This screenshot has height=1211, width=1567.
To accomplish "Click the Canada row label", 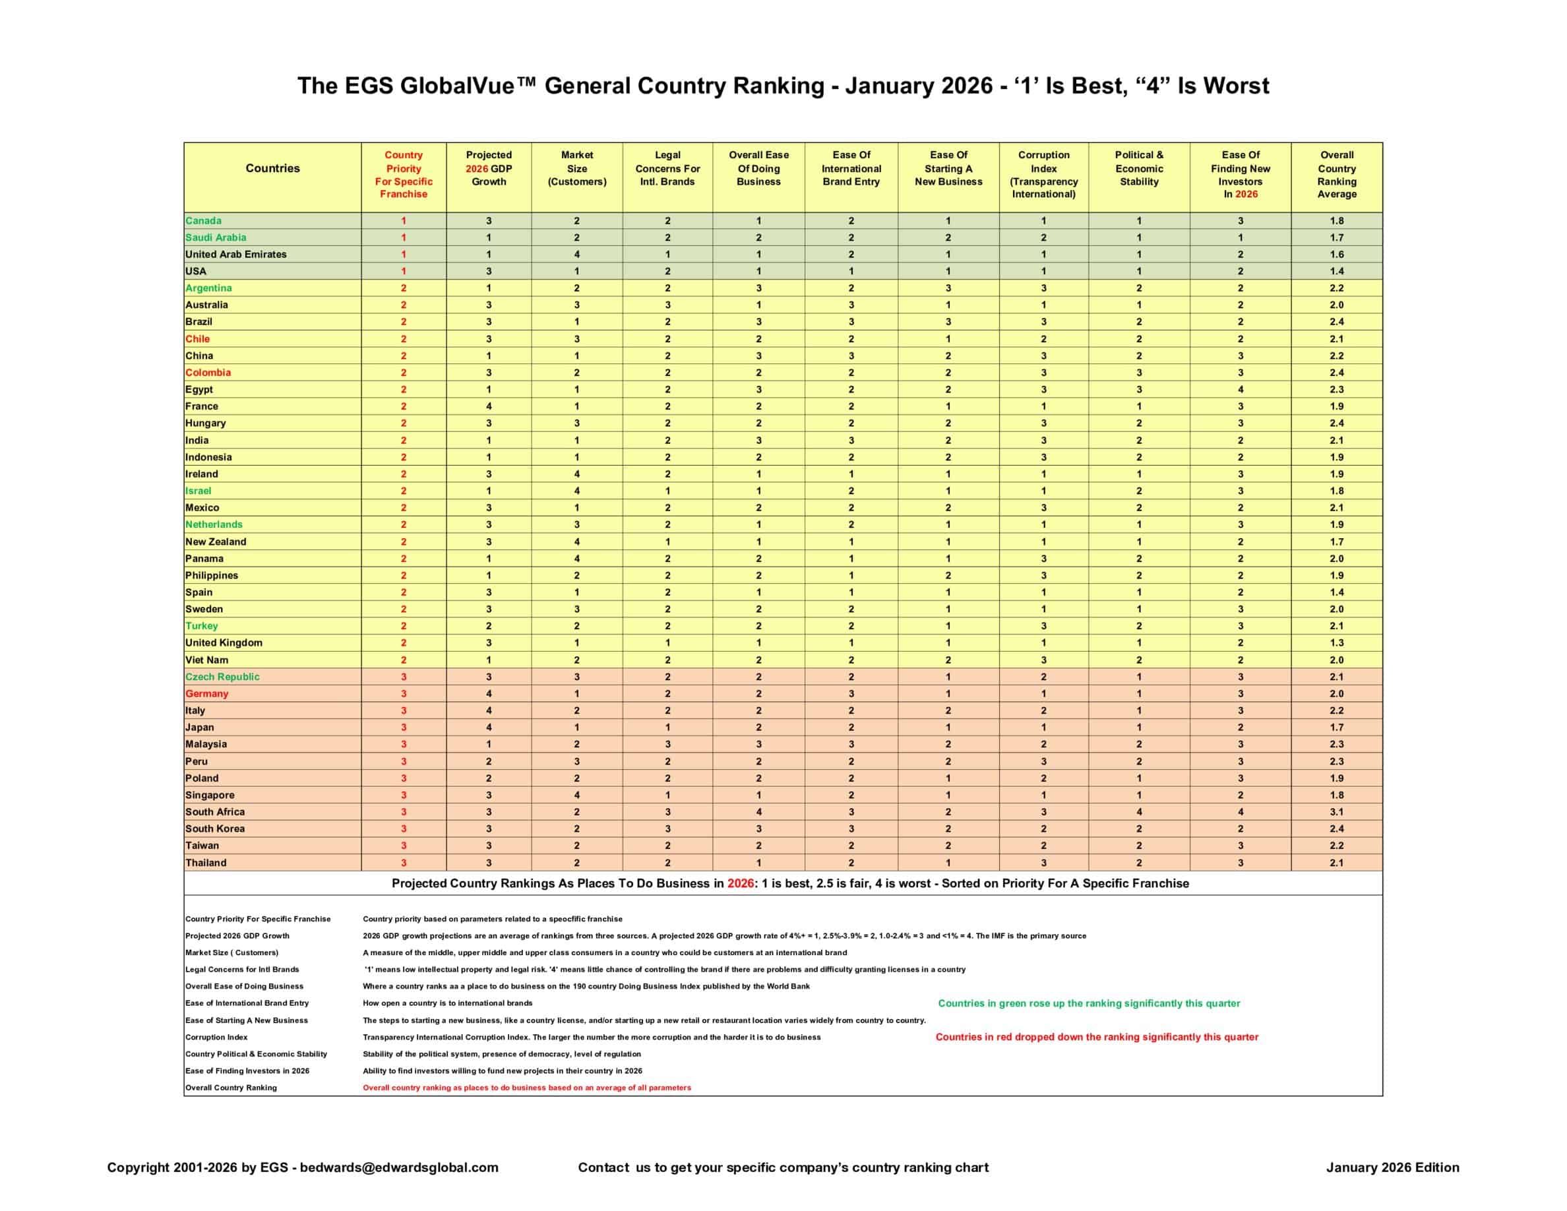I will [203, 221].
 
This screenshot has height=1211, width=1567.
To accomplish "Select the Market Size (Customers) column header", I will [577, 169].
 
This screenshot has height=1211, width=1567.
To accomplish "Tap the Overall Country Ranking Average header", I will [1337, 174].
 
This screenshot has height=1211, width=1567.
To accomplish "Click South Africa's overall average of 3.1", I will [1337, 812].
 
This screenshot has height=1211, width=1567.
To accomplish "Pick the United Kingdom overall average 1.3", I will [1337, 643].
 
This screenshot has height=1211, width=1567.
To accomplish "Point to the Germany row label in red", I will [206, 694].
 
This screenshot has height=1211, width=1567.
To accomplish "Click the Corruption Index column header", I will [1043, 174].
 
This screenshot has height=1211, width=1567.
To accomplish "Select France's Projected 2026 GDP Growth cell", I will [489, 406].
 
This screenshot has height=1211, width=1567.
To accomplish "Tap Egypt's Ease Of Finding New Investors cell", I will [1240, 390].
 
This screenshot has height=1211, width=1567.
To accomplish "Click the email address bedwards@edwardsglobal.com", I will [399, 1167].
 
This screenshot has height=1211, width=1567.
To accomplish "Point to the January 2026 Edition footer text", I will [1392, 1167].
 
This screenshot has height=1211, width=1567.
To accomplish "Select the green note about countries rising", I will [1088, 1004].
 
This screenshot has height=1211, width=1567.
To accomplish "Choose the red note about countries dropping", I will [1096, 1038].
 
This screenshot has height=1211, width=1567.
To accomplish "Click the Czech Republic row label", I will [222, 677].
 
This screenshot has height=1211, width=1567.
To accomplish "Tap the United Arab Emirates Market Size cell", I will [577, 255].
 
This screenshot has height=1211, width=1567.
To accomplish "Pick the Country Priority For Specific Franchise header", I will [403, 174].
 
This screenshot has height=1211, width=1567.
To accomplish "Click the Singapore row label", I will [210, 795].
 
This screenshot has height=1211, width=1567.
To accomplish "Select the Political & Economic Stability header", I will [1139, 169].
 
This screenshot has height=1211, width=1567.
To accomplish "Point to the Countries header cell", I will [272, 169].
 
